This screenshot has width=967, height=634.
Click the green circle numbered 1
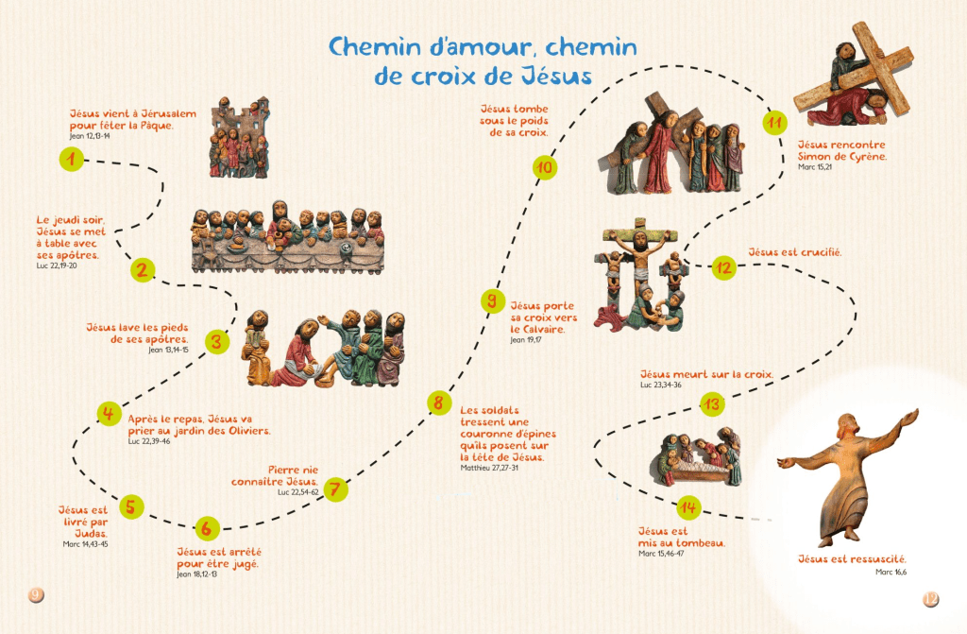pyautogui.click(x=71, y=159)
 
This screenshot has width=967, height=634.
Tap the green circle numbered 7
pyautogui.click(x=334, y=489)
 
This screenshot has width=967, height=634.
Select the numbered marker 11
pyautogui.click(x=774, y=124)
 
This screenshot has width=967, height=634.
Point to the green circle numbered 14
pyautogui.click(x=688, y=508)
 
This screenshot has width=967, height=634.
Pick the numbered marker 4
pyautogui.click(x=109, y=413)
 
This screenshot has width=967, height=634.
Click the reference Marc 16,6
pyautogui.click(x=891, y=572)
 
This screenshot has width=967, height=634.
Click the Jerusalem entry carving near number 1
pyautogui.click(x=239, y=137)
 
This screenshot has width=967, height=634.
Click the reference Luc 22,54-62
pyautogui.click(x=300, y=492)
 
